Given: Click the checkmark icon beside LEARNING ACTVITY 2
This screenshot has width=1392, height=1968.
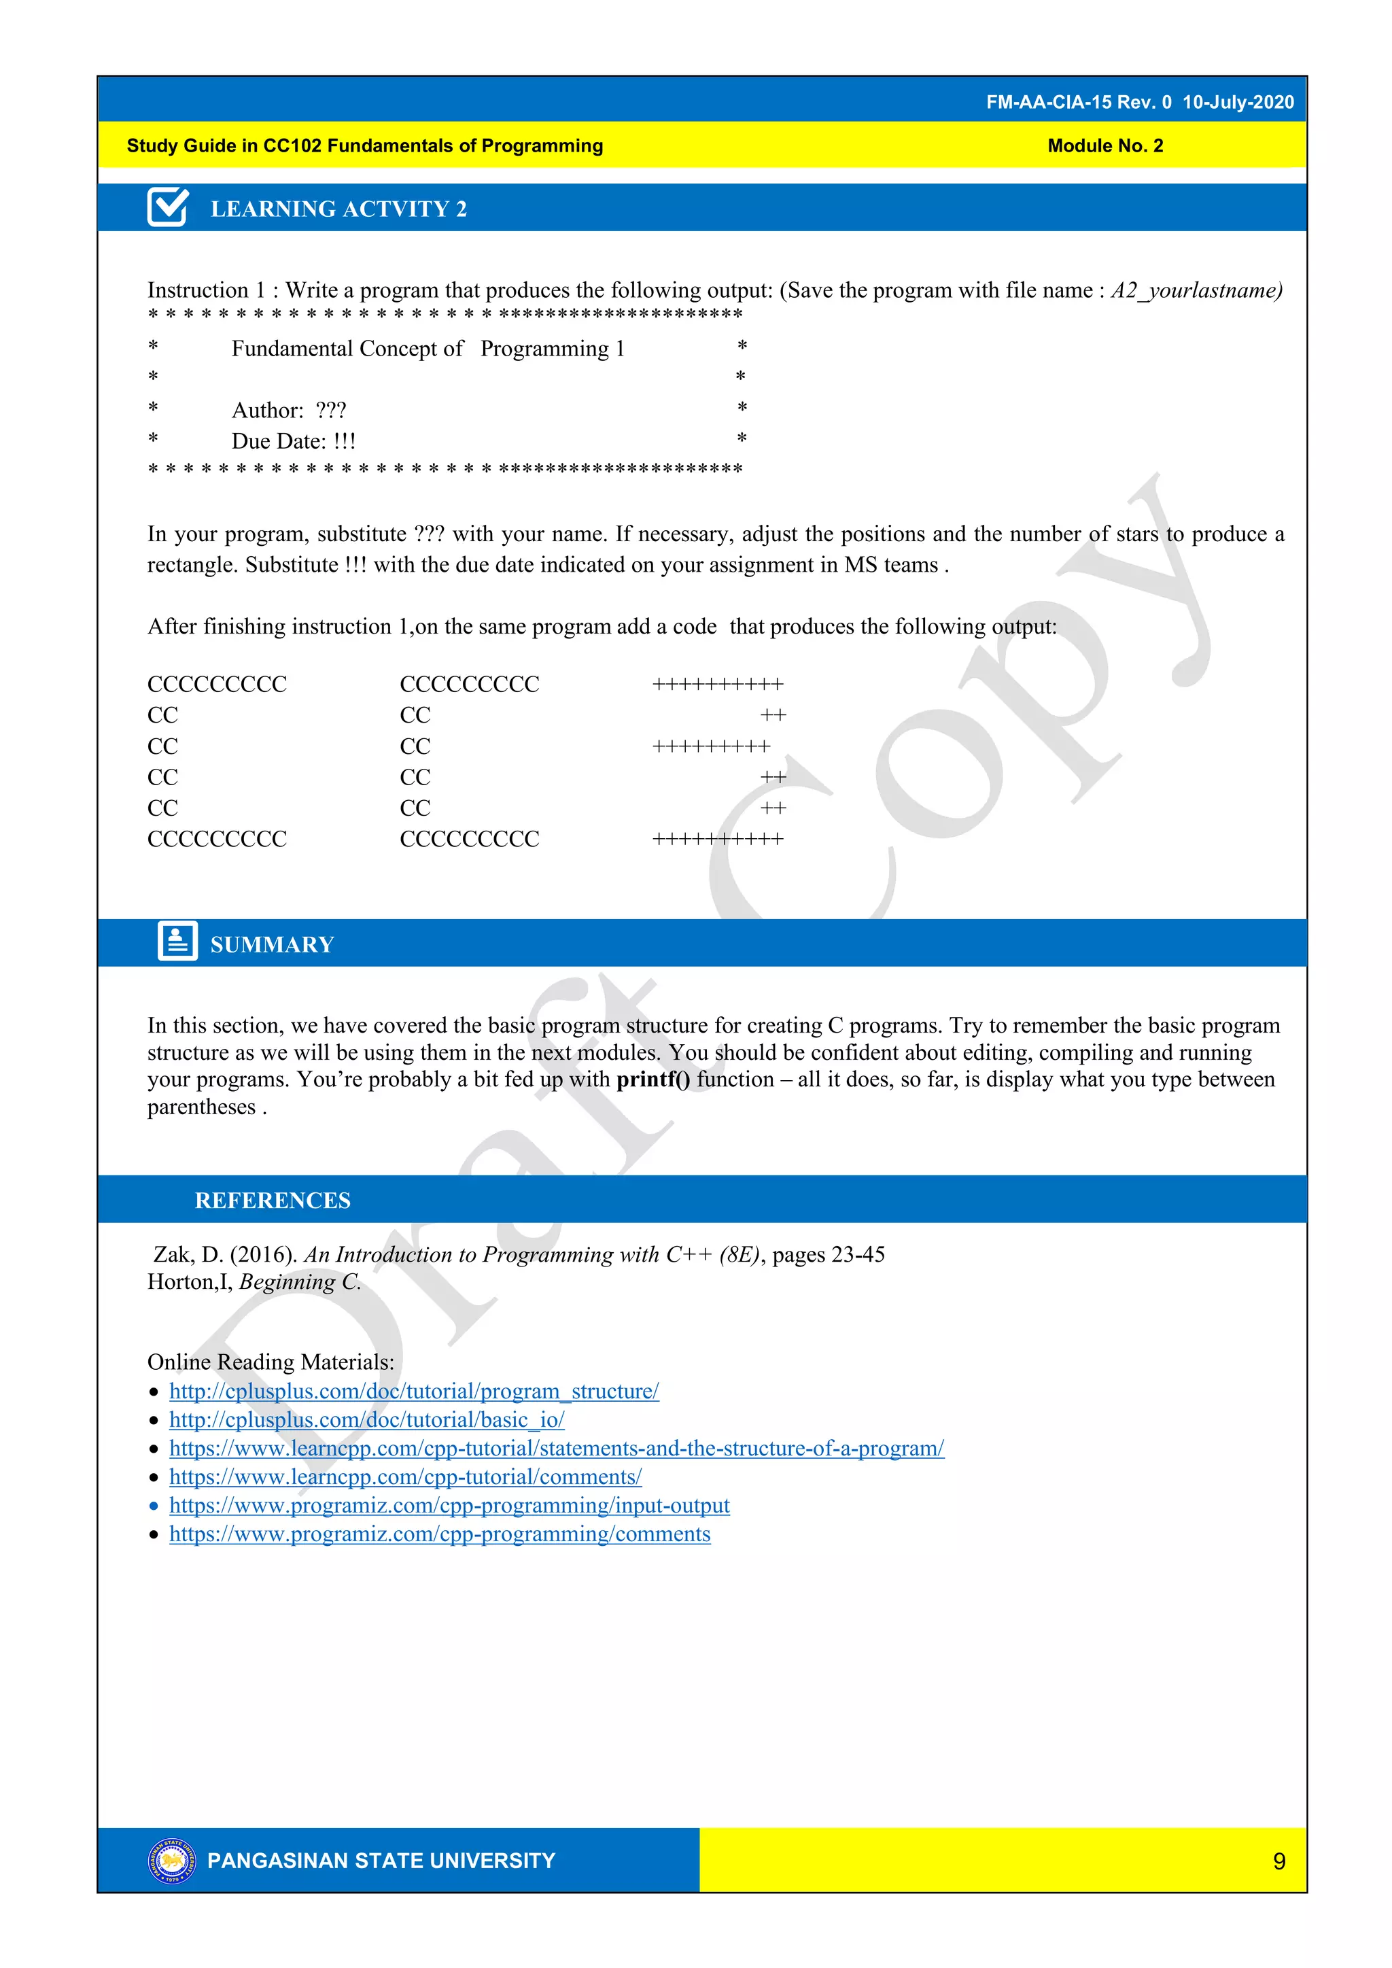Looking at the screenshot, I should pyautogui.click(x=168, y=207).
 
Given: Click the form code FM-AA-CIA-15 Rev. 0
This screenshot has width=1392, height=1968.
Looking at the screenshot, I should pyautogui.click(x=1077, y=102).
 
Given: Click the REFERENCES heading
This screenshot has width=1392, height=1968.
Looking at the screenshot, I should pyautogui.click(x=273, y=1200).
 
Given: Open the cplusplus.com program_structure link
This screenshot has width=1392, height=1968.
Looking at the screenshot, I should pyautogui.click(x=413, y=1390).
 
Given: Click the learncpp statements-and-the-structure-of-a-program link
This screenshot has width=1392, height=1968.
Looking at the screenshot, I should pyautogui.click(x=556, y=1448).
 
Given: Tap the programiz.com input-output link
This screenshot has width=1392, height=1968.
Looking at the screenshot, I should pyautogui.click(x=449, y=1505).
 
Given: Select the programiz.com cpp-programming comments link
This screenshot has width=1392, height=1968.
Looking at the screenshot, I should pyautogui.click(x=439, y=1534).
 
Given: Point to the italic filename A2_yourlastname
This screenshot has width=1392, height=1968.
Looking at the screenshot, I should pyautogui.click(x=1196, y=290).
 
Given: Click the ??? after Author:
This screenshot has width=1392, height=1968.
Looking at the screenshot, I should pyautogui.click(x=330, y=411).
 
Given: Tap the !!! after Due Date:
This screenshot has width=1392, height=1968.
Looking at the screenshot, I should pyautogui.click(x=344, y=441).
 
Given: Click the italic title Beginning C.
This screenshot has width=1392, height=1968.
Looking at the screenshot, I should pyautogui.click(x=299, y=1281).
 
